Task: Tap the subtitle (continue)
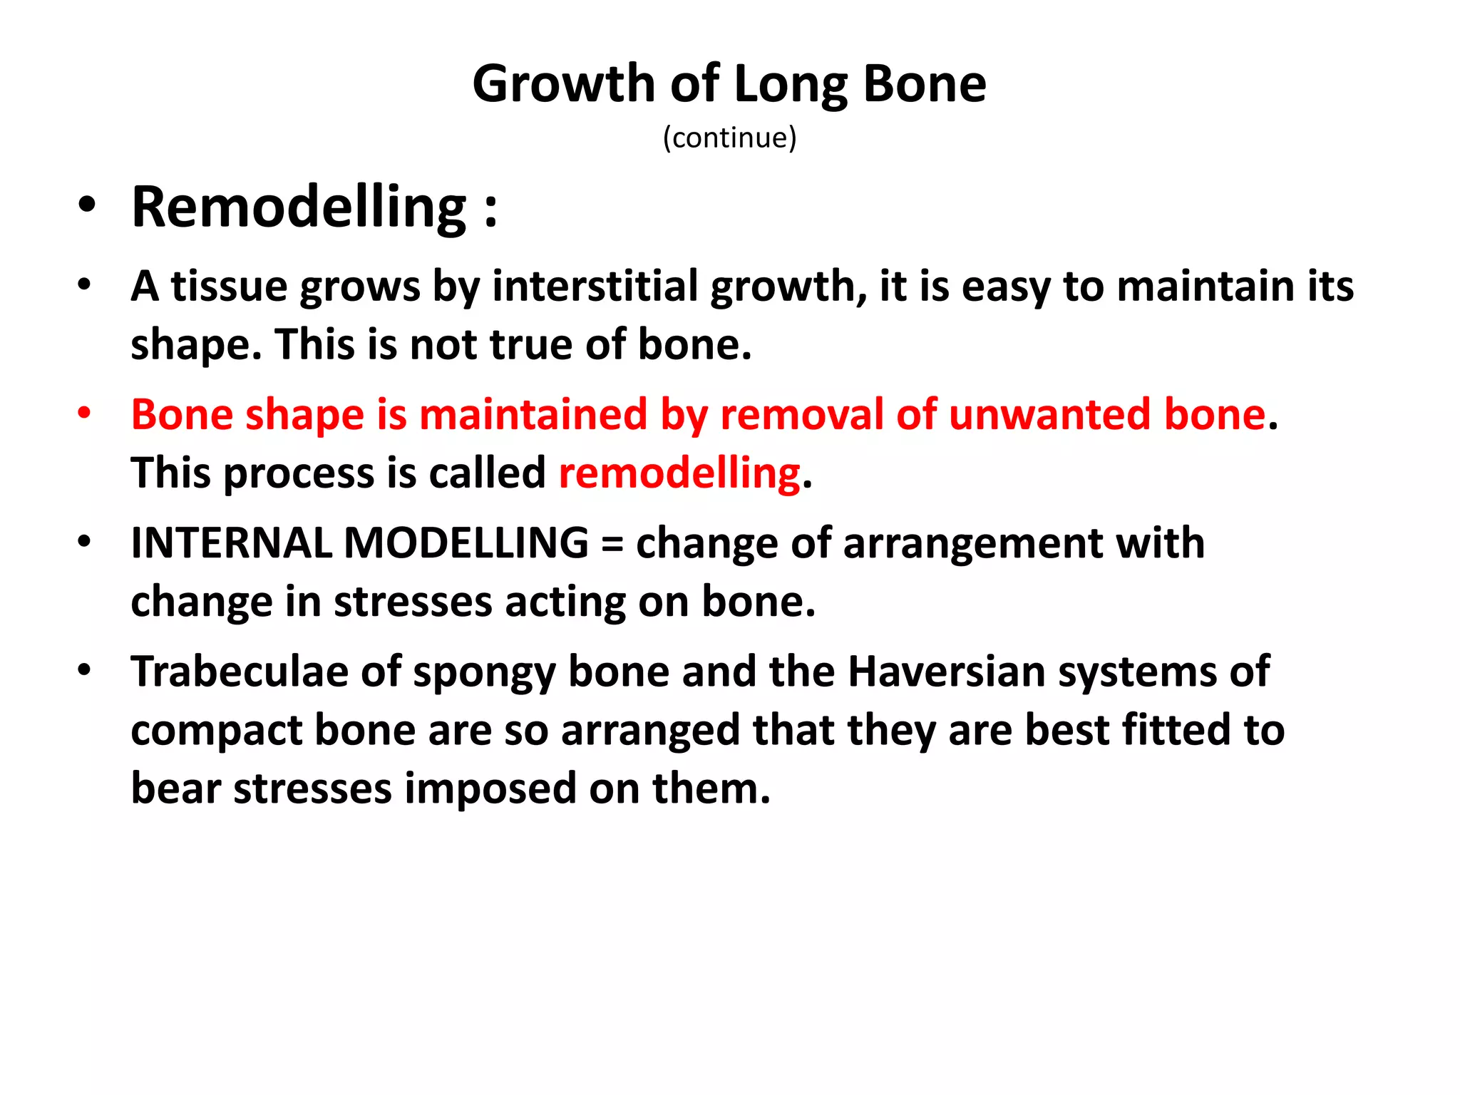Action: pos(729,138)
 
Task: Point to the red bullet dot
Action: pos(85,413)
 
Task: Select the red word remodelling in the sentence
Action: pos(679,473)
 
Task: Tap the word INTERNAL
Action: pos(231,543)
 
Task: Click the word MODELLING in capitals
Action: pos(466,543)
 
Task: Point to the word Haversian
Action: pos(946,672)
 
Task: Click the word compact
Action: pos(217,731)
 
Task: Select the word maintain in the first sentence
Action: pos(1204,287)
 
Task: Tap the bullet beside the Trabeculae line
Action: pos(85,671)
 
